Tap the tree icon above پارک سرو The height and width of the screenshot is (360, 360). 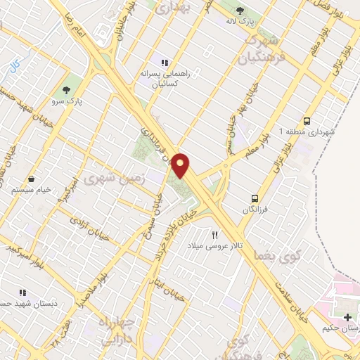coord(67,90)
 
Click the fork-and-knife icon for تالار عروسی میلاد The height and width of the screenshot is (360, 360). coord(215,235)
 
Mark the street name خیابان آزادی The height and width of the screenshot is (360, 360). coord(92,229)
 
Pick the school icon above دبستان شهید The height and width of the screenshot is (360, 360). coord(22,292)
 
